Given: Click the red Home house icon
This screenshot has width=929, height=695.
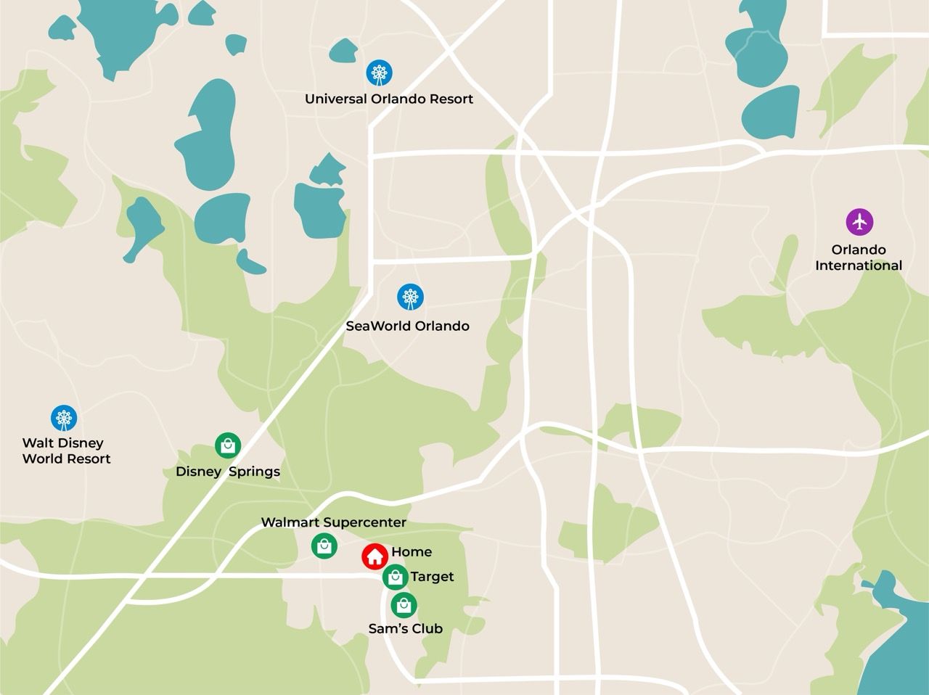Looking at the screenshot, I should [x=375, y=556].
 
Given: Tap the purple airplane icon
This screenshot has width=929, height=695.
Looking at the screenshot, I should [x=860, y=221].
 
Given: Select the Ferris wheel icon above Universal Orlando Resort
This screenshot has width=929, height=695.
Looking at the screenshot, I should [x=379, y=73].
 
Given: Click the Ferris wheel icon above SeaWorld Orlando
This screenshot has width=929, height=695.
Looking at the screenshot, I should [x=410, y=297].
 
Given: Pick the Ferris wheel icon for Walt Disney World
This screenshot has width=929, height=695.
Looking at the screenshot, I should [x=64, y=418].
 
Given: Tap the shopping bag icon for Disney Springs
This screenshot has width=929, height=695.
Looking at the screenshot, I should [x=228, y=445].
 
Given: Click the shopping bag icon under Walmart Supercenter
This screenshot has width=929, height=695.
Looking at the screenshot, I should [x=324, y=546].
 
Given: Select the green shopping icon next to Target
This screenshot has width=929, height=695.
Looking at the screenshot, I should [x=396, y=577].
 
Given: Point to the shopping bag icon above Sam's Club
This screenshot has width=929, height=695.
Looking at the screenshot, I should [x=404, y=604].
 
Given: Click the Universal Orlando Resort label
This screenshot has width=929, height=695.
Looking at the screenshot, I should [x=389, y=99].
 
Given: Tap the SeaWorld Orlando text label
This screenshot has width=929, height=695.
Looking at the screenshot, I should [x=407, y=326].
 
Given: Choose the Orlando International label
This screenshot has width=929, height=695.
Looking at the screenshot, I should [x=859, y=258].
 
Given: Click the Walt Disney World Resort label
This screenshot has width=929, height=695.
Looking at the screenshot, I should [x=66, y=451].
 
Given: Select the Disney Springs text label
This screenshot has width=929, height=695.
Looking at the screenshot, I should [x=228, y=472].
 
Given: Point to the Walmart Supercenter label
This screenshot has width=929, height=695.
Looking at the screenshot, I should [x=333, y=522].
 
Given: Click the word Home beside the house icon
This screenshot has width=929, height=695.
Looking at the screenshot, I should [x=412, y=552].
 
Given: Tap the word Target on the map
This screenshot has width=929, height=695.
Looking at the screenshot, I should [x=432, y=577].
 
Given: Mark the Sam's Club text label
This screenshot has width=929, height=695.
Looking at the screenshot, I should [x=405, y=629].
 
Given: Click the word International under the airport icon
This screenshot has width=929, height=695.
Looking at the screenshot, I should [x=859, y=266].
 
